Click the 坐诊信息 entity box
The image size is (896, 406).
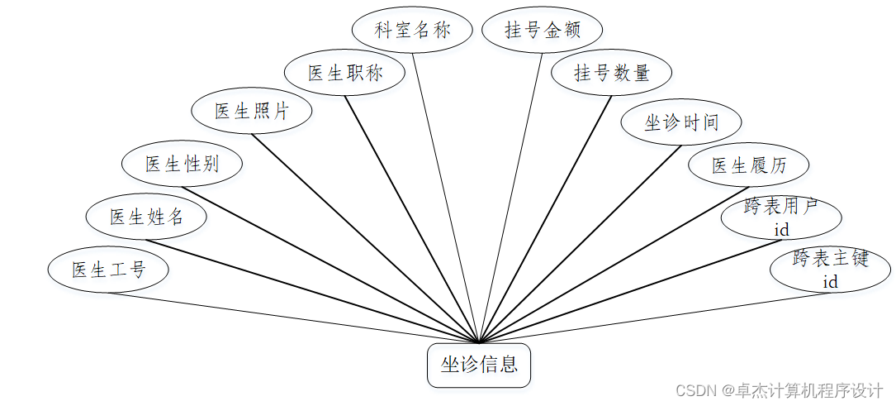point(478,365)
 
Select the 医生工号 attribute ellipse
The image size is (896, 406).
point(108,270)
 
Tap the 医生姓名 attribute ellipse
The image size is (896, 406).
point(146,217)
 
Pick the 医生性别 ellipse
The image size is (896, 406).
point(182,163)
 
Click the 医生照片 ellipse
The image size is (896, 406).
point(251,111)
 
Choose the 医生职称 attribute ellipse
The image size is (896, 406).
point(345,73)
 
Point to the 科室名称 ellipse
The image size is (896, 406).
point(412,31)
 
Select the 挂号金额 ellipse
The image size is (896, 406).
point(543,31)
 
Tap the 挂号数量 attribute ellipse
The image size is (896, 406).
point(612,73)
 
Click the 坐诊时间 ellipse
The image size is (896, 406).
point(681,122)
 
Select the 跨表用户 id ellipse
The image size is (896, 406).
point(781,217)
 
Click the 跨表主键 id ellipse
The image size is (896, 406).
point(830,269)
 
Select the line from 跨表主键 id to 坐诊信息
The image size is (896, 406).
point(661,316)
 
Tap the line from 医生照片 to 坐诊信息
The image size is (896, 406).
point(363,236)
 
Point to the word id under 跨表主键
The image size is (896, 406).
point(830,282)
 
